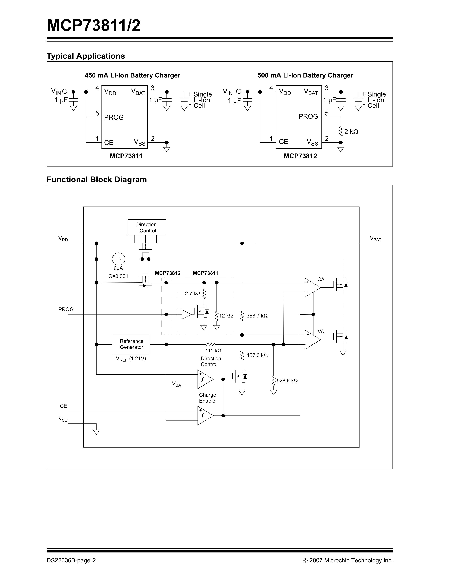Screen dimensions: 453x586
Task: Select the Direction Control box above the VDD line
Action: click(147, 227)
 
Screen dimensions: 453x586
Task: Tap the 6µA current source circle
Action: click(118, 259)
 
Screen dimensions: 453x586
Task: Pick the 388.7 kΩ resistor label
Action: click(257, 316)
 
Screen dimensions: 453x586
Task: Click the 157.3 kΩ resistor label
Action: click(257, 355)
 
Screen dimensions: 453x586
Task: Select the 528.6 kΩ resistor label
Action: click(287, 381)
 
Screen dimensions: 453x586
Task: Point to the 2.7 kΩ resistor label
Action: click(192, 294)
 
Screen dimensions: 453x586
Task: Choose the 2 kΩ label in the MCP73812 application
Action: click(351, 132)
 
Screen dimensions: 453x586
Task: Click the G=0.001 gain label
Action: click(118, 276)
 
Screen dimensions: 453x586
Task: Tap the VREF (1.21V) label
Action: click(131, 359)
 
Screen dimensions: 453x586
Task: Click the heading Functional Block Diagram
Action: click(97, 180)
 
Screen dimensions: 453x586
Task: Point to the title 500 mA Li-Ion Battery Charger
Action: click(305, 75)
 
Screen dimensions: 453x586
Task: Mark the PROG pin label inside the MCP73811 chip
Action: click(114, 117)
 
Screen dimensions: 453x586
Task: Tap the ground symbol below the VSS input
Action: click(96, 432)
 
